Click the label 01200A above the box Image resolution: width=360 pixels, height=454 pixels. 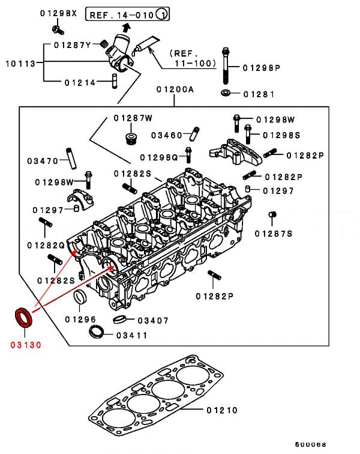(x=175, y=89)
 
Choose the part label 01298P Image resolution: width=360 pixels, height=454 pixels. (x=262, y=68)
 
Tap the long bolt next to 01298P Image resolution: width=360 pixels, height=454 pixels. (x=225, y=66)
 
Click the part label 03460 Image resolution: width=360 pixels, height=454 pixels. (x=167, y=135)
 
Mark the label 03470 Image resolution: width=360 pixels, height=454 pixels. (x=42, y=161)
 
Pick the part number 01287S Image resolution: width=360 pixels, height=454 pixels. (x=273, y=233)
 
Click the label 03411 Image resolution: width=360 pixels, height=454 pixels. (x=131, y=335)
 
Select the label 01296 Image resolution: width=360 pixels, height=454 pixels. (x=80, y=319)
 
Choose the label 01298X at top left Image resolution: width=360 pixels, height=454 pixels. (x=58, y=13)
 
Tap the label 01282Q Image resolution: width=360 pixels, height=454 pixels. (x=45, y=245)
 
